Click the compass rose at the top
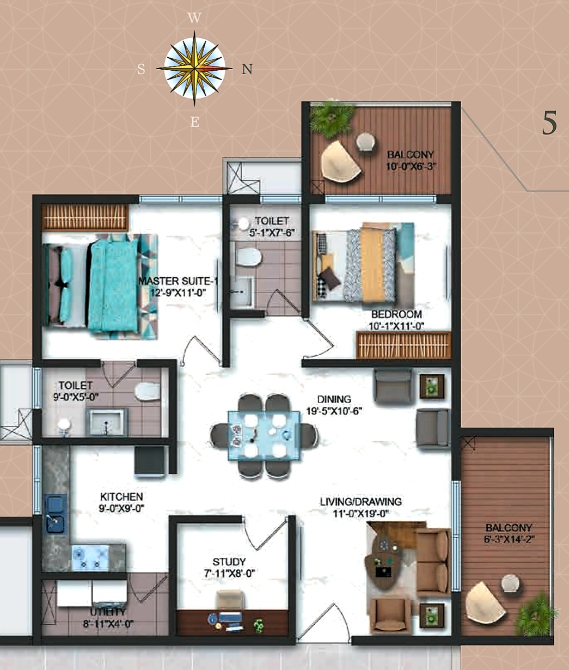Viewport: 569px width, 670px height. pos(194,69)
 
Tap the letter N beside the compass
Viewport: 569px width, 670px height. pos(247,69)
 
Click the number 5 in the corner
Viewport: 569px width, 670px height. pos(549,123)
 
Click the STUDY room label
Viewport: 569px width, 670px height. pos(229,562)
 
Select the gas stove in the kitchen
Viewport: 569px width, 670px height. pos(90,557)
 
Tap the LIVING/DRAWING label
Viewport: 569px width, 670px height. pos(360,502)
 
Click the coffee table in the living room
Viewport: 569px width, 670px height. pos(388,561)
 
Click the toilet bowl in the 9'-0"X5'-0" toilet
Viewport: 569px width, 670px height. pos(147,391)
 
